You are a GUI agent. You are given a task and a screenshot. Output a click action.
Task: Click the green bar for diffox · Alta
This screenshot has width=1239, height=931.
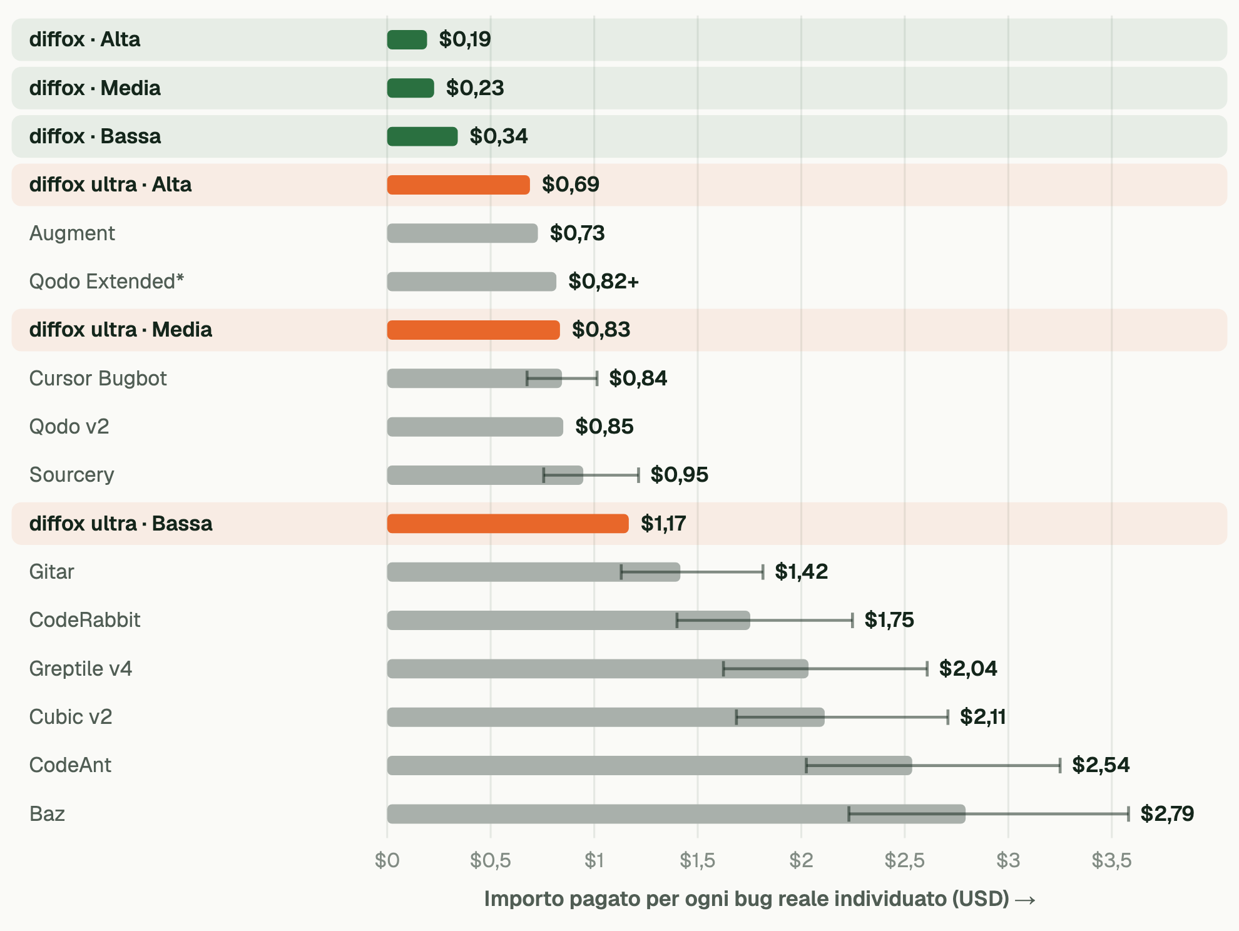tap(407, 39)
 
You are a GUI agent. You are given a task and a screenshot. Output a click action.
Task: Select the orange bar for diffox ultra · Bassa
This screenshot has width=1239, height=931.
tap(507, 524)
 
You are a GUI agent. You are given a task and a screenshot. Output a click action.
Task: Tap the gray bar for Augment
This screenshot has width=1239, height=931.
tap(462, 233)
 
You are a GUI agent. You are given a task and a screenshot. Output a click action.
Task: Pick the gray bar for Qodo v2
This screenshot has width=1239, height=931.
tap(475, 427)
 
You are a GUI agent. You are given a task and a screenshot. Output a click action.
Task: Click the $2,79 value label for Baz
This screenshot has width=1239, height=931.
tap(1167, 813)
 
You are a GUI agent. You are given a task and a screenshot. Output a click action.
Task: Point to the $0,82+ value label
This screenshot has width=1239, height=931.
tap(603, 282)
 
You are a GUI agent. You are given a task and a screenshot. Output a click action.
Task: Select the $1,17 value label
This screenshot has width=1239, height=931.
tap(663, 523)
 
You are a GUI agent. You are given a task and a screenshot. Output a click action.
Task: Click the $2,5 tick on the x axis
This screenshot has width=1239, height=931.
tap(904, 860)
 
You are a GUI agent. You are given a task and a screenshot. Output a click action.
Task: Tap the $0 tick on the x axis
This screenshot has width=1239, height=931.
tap(387, 860)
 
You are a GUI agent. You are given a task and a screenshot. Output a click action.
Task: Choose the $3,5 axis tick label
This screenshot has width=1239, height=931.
tap(1111, 860)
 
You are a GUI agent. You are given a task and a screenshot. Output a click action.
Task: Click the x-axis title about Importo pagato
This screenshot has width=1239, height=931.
tap(760, 899)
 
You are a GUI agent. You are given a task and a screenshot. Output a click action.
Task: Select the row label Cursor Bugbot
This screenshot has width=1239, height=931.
tap(98, 379)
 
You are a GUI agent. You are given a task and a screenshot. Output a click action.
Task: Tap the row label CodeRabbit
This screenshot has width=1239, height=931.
tap(85, 620)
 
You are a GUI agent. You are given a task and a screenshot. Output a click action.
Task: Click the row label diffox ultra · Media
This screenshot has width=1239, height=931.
tap(121, 330)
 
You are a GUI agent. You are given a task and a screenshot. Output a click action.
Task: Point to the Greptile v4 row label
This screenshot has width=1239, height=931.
tap(81, 669)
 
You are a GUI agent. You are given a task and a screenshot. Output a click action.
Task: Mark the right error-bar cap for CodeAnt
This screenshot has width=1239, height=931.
tap(1060, 765)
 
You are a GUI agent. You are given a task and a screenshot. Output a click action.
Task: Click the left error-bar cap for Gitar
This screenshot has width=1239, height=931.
tap(621, 572)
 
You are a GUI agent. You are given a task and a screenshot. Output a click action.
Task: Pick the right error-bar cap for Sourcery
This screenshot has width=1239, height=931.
tap(638, 475)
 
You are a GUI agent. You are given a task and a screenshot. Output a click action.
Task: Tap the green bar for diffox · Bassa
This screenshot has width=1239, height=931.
tap(422, 136)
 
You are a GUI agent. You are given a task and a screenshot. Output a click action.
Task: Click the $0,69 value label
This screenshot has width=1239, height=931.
tap(571, 185)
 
